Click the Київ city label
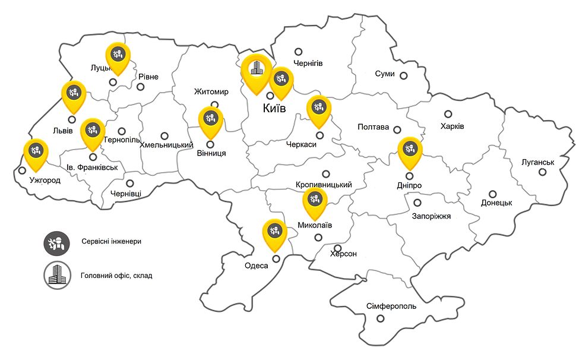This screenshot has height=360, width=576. coord(274,108)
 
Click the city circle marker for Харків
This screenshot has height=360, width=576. coord(448,114)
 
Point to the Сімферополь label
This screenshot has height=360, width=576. coord(388,307)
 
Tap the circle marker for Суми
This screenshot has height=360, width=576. coord(403,75)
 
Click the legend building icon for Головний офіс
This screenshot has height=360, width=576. coord(56,275)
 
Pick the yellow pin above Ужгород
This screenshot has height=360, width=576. coord(35,151)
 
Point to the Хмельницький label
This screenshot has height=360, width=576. coord(166,146)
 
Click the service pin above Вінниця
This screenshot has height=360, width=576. coord(210,119)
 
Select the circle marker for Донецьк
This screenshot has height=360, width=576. coord(493,194)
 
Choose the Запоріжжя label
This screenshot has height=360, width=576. coord(431,216)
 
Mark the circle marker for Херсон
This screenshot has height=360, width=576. coord(338,248)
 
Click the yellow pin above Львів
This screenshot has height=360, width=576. coord(74,93)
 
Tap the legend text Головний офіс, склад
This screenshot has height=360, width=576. coord(113,276)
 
